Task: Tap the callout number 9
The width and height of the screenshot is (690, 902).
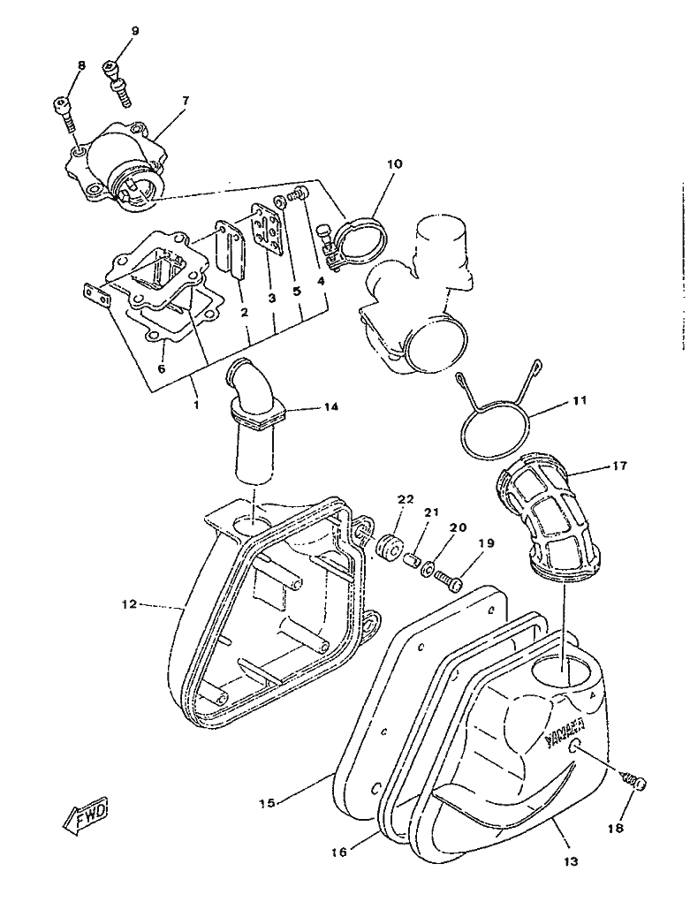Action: pyautogui.click(x=135, y=31)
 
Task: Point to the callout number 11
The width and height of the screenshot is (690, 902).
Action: pyautogui.click(x=580, y=400)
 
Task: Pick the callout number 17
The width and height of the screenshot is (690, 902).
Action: pyautogui.click(x=618, y=466)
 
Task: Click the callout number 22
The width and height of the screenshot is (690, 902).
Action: pyautogui.click(x=406, y=499)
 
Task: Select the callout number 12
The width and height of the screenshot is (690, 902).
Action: pyautogui.click(x=129, y=605)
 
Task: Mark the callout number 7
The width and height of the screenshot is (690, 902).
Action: pyautogui.click(x=185, y=101)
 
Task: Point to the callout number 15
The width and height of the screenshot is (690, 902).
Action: pyautogui.click(x=268, y=803)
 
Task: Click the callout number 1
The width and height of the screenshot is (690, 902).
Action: pyautogui.click(x=196, y=404)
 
